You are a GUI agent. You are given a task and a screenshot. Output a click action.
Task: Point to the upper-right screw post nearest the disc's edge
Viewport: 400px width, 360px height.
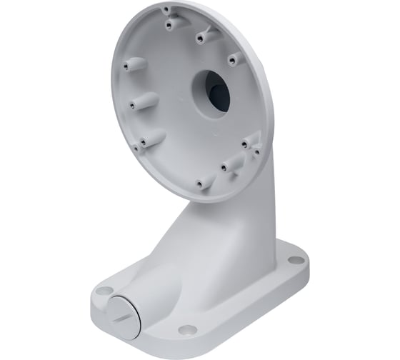click(233, 60)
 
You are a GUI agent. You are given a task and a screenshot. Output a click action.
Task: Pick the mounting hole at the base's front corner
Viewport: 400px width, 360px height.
click(187, 329)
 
